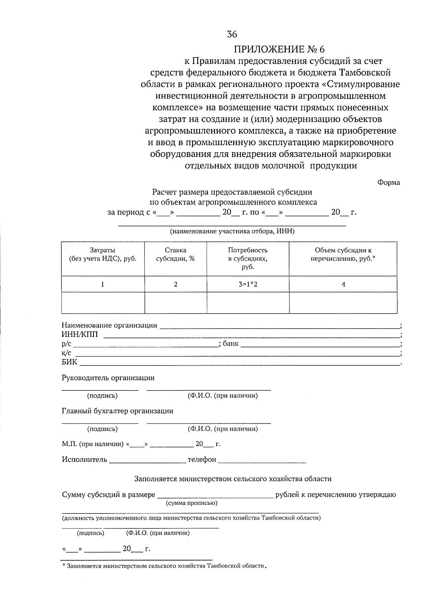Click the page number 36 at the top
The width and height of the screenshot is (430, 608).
coord(232,34)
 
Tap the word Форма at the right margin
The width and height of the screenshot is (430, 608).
coord(388,182)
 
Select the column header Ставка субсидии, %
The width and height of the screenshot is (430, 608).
coord(175,254)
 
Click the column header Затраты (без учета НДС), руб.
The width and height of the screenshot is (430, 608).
coord(102,254)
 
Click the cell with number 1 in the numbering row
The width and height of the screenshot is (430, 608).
coord(102,284)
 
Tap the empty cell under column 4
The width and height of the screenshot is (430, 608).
coord(343,303)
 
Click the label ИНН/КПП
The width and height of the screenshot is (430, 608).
coord(77,335)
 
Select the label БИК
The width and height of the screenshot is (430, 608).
coord(69,362)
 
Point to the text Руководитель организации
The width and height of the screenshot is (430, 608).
coord(108,378)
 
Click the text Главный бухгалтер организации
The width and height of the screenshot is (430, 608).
coord(117,411)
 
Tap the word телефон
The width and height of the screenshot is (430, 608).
coord(202,459)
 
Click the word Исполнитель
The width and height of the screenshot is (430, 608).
coord(84,459)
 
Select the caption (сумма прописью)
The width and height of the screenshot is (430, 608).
coord(191,503)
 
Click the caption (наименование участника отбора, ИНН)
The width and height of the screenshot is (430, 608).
coord(232,231)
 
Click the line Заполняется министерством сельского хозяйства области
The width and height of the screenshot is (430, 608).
coord(233,479)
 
